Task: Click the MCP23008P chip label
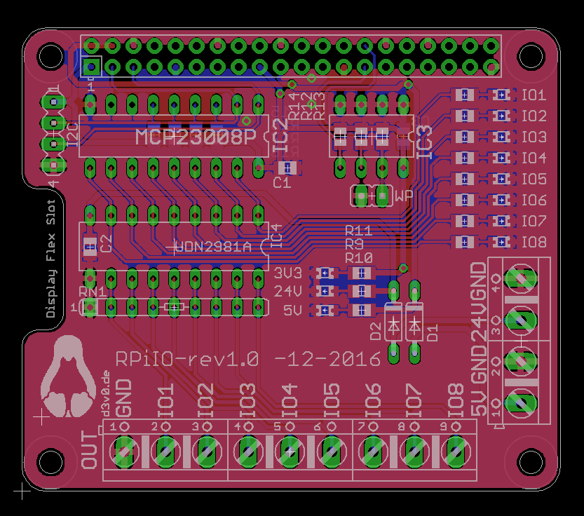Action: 196,137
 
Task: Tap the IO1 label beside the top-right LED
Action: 534,95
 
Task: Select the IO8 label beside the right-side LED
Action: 534,243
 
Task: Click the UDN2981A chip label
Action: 212,247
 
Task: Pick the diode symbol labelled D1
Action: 415,325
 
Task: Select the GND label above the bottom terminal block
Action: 123,398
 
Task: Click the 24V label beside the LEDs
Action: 287,291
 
